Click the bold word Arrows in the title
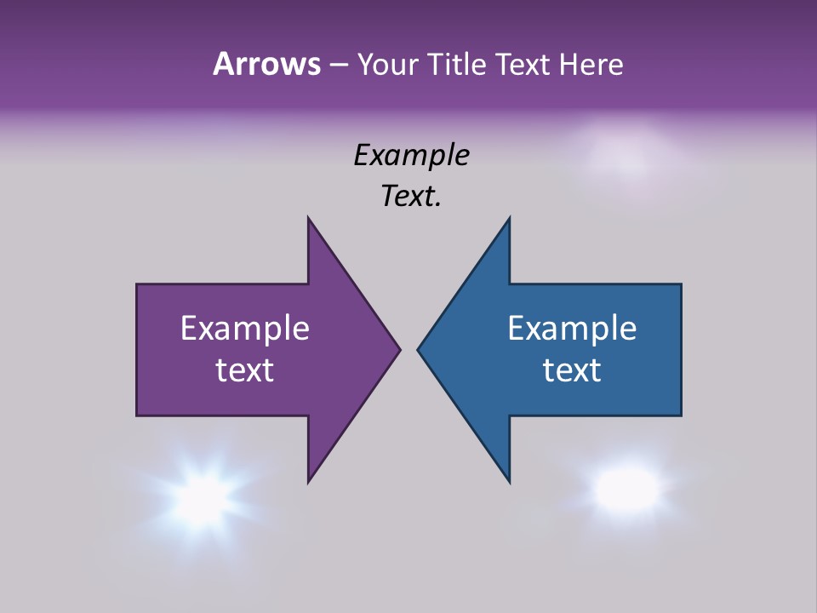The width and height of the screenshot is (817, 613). (266, 64)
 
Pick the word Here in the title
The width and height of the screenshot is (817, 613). (591, 64)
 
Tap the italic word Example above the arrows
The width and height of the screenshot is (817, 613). (411, 156)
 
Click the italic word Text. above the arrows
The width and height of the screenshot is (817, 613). (411, 196)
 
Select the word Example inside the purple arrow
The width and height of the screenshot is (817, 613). (245, 329)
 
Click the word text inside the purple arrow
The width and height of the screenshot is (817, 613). (245, 370)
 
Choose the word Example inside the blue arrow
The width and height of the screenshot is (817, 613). (572, 329)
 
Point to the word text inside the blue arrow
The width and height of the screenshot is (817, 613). (572, 370)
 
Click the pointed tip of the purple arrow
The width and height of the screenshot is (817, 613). (399, 349)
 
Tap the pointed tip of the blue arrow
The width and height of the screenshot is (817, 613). (419, 349)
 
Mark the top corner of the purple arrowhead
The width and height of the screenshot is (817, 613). (309, 219)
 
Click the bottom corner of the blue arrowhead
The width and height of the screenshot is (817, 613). (509, 481)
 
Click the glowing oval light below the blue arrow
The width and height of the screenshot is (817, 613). (627, 488)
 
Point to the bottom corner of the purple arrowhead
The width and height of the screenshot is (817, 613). (309, 481)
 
